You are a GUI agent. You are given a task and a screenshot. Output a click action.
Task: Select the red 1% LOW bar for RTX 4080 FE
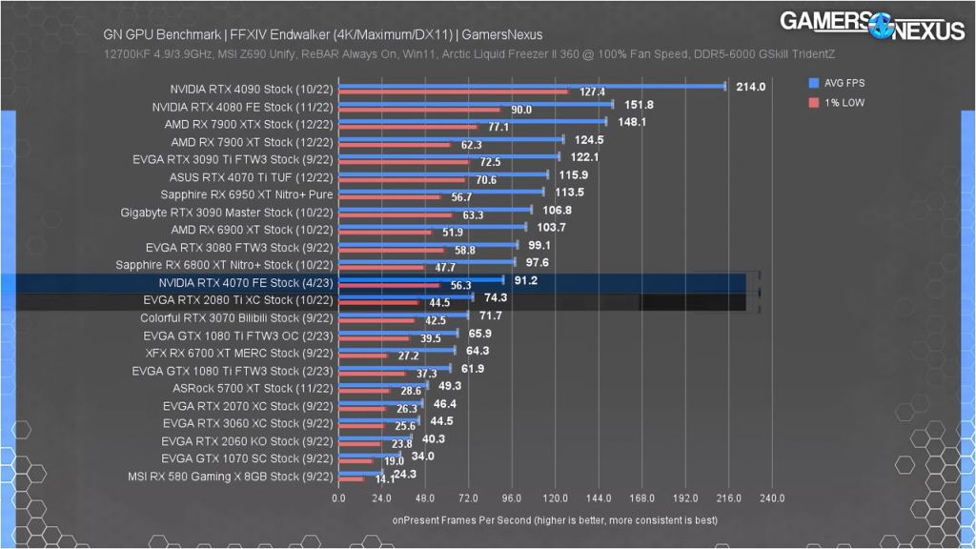[x=419, y=110]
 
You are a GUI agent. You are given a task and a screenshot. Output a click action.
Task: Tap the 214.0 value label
[x=751, y=88]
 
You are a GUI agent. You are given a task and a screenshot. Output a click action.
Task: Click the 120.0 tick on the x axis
[x=555, y=498]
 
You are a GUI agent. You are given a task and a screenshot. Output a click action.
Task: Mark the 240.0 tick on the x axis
[x=772, y=498]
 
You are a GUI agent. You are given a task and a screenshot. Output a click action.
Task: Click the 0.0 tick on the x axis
[x=338, y=498]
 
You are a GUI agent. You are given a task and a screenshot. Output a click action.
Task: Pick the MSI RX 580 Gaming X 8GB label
[x=230, y=477]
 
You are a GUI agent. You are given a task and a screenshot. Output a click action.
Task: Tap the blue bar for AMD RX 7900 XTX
[x=472, y=121]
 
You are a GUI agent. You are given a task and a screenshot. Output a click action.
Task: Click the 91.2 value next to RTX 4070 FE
[x=525, y=280]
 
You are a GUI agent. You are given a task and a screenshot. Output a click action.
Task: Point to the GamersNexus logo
[x=871, y=26]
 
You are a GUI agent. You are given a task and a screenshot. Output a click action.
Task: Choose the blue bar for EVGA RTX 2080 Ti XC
[x=405, y=297]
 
